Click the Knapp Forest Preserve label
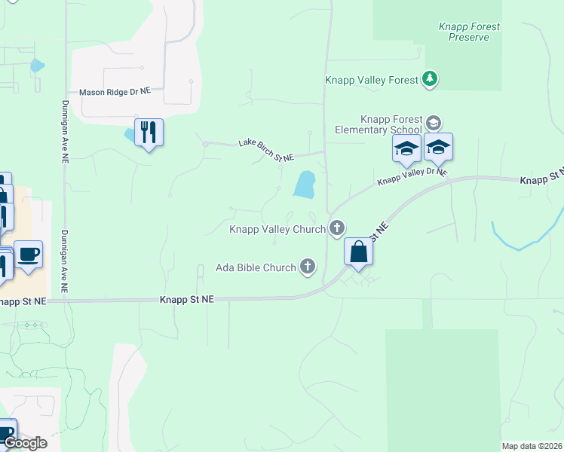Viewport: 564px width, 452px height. (469, 32)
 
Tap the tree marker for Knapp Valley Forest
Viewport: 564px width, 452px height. (430, 79)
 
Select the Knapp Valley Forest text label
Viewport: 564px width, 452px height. (372, 80)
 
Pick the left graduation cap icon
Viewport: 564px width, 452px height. (406, 148)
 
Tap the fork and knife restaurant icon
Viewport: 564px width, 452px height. (149, 133)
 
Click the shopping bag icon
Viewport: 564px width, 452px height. (359, 252)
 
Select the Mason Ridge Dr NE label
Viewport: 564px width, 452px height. (115, 90)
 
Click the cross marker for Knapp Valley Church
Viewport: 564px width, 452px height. (337, 228)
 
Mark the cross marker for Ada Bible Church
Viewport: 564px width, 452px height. (307, 266)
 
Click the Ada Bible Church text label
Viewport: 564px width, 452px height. (255, 267)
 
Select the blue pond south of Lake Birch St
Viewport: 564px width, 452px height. (305, 185)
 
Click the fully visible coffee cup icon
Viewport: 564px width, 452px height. (29, 254)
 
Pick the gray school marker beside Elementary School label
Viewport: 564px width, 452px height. (433, 122)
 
